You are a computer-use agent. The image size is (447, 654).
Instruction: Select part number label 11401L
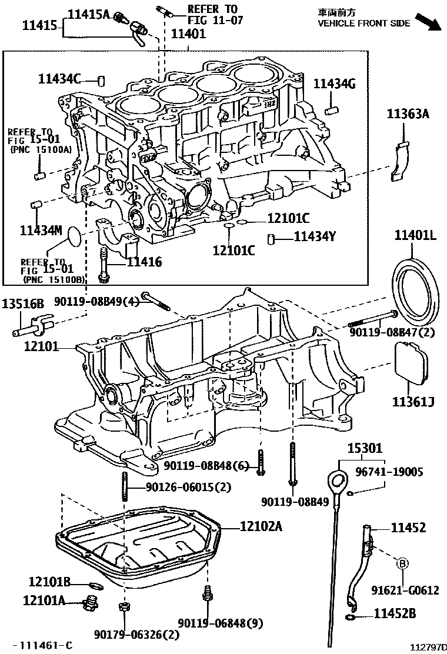coord(415,236)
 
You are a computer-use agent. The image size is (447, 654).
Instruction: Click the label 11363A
coord(408,114)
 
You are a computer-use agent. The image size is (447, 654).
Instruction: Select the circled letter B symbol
coord(402,563)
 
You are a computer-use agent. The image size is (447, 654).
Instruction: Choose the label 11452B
coord(395,614)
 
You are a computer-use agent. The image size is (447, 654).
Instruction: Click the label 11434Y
coord(315,237)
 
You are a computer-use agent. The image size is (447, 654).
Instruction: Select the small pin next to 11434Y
coord(272,238)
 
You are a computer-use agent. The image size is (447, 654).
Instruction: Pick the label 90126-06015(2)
coord(182,486)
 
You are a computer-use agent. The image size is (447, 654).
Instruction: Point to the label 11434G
coord(335,84)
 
